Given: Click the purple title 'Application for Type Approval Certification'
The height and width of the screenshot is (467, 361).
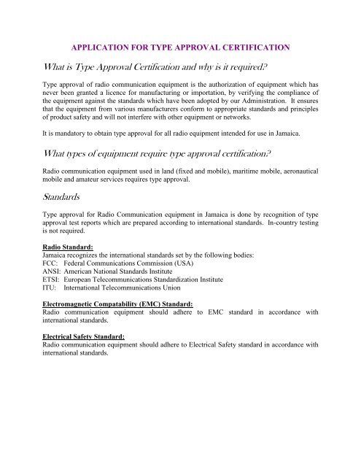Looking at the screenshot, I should coord(180,47).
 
